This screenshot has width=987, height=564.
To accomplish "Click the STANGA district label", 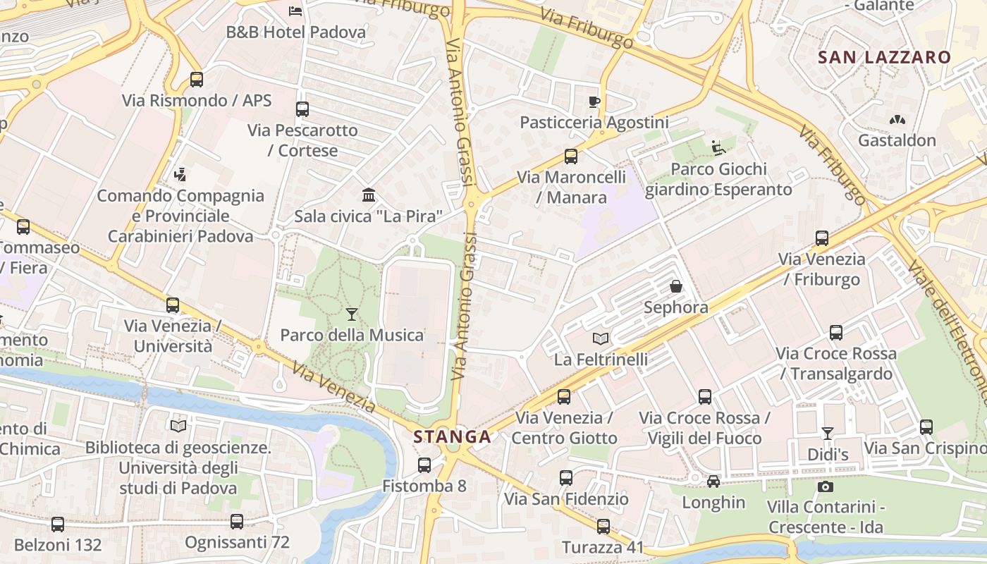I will (452, 436).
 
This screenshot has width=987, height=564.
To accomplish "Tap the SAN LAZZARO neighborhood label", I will (884, 58).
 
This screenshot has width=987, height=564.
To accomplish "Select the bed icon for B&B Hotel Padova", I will (296, 11).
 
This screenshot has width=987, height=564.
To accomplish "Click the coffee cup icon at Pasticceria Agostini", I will (594, 102).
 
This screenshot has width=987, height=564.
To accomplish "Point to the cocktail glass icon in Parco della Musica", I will (352, 314).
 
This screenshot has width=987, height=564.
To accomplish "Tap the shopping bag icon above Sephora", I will (675, 286).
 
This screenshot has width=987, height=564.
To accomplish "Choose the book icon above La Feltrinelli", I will (600, 338).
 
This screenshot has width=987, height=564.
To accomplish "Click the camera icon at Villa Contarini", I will (826, 486).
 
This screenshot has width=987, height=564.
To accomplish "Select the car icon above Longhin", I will (713, 482).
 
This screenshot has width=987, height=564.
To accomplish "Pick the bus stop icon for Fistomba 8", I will (424, 465).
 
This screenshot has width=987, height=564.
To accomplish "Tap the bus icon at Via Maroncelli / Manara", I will (571, 157).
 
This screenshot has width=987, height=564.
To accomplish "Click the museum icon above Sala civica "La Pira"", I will (368, 195).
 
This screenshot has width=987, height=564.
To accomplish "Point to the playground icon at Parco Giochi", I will (718, 148).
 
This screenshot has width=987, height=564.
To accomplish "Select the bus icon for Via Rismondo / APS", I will (197, 80).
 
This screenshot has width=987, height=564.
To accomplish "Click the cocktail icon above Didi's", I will (828, 433).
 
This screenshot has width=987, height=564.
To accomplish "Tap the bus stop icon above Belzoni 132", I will (58, 525).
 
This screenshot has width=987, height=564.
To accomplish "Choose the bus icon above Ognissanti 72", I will (237, 522).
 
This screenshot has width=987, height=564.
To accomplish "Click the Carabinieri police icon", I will (180, 174).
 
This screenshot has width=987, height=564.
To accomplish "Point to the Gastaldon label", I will (897, 140).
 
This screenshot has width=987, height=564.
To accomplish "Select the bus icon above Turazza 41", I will (603, 527).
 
